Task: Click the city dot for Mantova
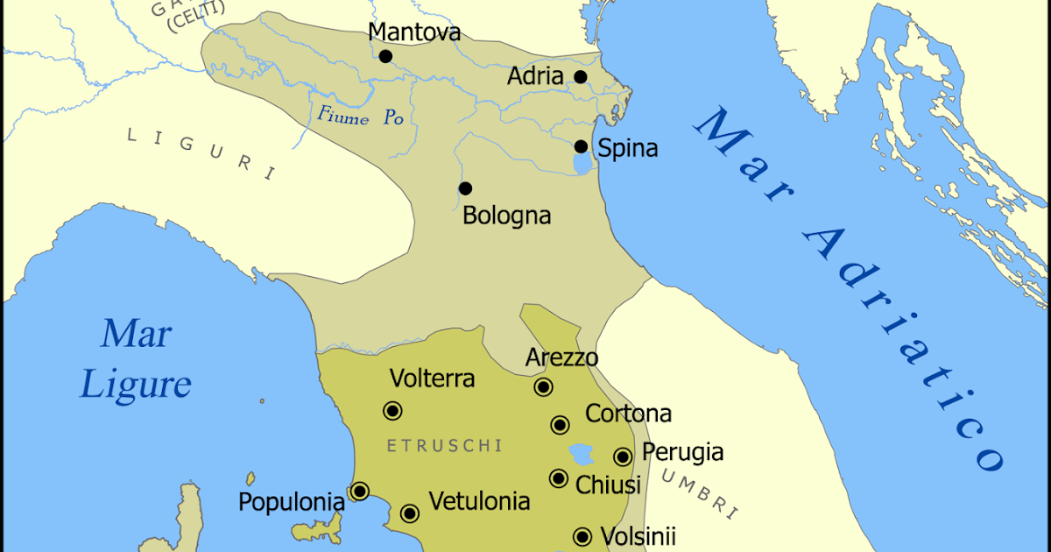tap(385, 57)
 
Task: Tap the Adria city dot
tap(580, 77)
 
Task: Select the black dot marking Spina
tap(581, 146)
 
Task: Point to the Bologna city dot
tap(465, 188)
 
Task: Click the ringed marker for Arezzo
tap(543, 387)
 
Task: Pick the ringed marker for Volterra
tap(391, 410)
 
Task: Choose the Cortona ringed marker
tap(560, 425)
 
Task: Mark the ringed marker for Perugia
tap(623, 456)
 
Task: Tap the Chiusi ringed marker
tap(559, 478)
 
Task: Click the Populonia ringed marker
tap(359, 492)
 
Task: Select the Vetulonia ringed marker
tap(409, 513)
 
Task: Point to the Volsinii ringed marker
tap(582, 536)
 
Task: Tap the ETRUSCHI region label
tap(444, 446)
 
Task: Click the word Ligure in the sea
tap(135, 385)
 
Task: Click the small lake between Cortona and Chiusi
tap(581, 454)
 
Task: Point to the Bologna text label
tap(506, 215)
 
